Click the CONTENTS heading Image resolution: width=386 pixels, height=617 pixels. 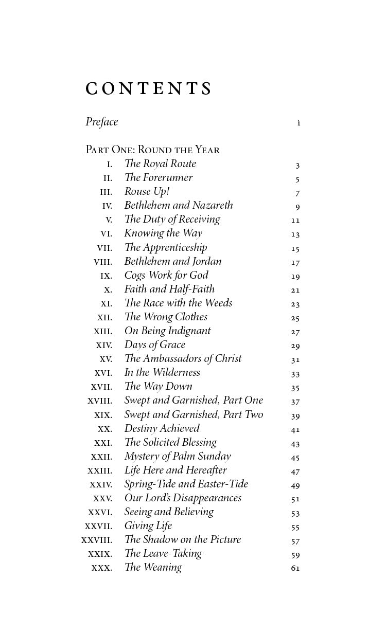click(149, 89)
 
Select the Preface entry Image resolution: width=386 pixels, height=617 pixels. click(102, 122)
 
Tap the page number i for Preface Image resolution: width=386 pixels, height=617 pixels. click(299, 123)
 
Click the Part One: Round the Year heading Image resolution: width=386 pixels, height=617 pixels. click(152, 150)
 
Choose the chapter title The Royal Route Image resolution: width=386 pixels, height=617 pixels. click(160, 164)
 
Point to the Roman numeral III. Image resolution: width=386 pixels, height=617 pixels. click(106, 192)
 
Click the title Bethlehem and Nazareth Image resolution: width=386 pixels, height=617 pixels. click(179, 206)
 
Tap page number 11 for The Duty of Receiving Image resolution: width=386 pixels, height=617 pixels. click(295, 221)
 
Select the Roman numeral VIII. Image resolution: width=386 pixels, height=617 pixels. click(103, 262)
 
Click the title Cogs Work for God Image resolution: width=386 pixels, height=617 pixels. click(166, 275)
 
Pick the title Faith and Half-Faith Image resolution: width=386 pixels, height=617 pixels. click(169, 289)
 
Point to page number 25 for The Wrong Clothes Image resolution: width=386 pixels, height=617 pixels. click(295, 318)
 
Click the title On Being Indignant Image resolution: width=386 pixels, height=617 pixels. click(167, 331)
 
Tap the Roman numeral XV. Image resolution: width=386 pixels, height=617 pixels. click(106, 359)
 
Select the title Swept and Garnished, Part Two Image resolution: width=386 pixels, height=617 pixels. click(194, 415)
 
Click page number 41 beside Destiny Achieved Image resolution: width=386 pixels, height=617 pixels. click(295, 430)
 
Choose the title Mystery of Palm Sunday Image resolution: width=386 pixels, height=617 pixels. click(178, 457)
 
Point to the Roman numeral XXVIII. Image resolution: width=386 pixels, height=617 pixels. click(97, 540)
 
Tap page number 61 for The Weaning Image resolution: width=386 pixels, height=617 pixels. click(295, 569)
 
